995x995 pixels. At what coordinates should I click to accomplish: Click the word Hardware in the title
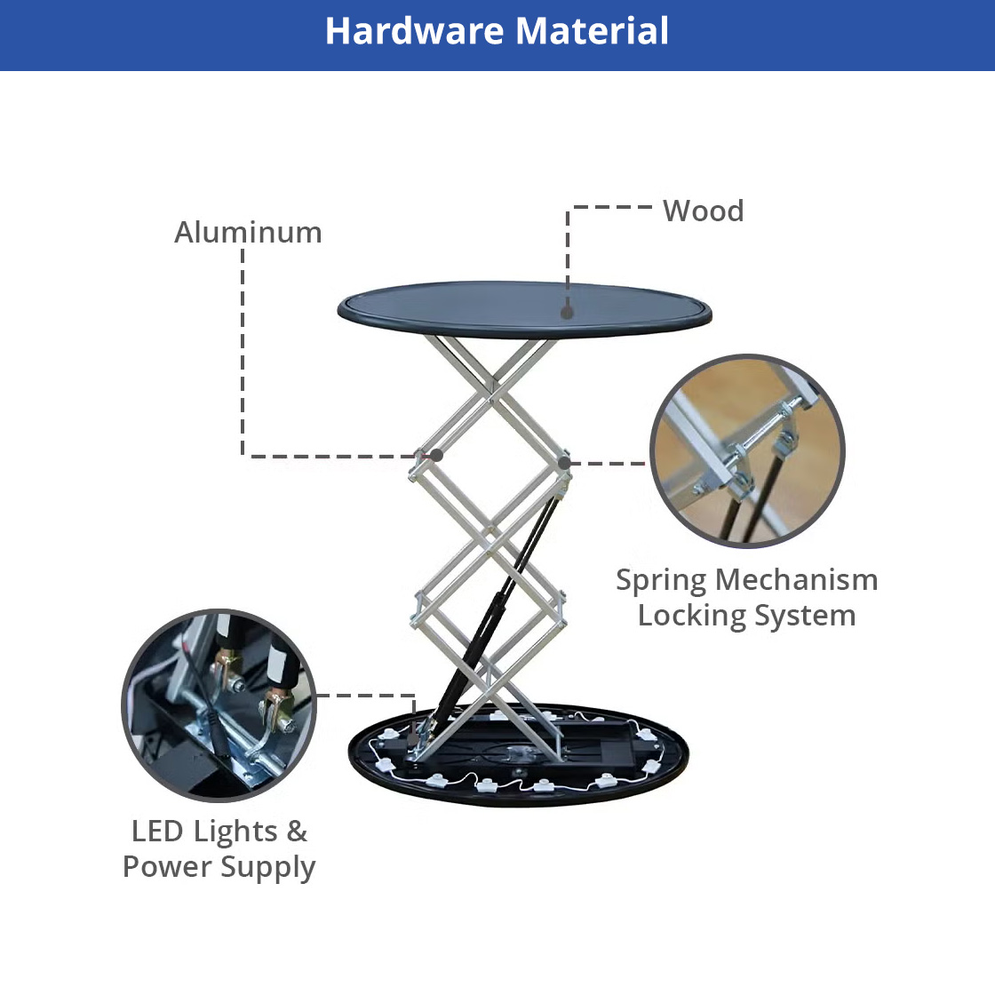[416, 30]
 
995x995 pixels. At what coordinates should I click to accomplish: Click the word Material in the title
[592, 30]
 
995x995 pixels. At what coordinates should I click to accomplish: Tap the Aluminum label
[248, 232]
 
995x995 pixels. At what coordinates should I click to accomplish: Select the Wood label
[703, 211]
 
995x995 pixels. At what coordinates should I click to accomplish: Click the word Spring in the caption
[661, 581]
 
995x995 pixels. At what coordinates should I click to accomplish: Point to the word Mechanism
[796, 579]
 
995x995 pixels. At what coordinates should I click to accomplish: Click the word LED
[156, 832]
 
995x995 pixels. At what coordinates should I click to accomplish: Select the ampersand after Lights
[297, 832]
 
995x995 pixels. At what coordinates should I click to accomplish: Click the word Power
[167, 867]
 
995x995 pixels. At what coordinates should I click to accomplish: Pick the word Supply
[267, 868]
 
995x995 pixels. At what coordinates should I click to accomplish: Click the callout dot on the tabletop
[568, 312]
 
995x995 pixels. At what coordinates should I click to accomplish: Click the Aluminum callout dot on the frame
[436, 455]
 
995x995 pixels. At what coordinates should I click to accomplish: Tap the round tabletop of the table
[524, 310]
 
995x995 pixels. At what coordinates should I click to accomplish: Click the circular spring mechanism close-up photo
[747, 450]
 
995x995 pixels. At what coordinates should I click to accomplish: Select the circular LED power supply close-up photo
[219, 705]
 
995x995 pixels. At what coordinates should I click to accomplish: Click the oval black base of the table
[519, 755]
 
